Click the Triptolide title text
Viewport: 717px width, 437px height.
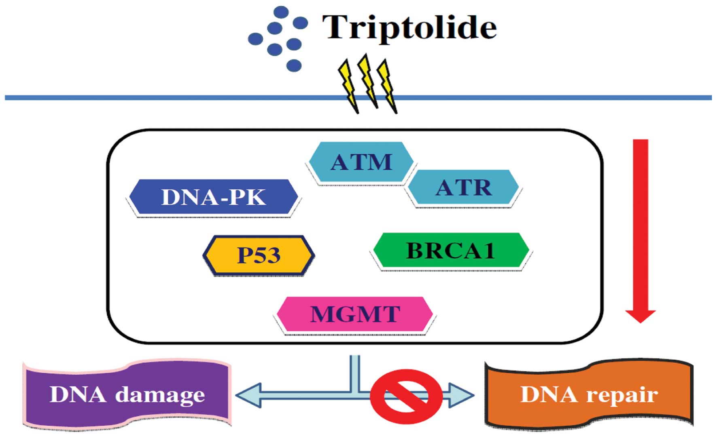click(x=409, y=28)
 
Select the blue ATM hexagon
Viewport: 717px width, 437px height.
click(x=361, y=162)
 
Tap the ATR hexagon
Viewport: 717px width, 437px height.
click(x=464, y=187)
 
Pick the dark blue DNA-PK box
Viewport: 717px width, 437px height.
click(x=213, y=197)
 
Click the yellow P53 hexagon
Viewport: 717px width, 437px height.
click(x=259, y=255)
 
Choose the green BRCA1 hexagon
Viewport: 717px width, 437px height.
click(x=451, y=250)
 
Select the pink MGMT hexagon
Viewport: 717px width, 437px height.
click(x=355, y=314)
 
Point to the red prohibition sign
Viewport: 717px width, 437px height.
click(x=406, y=396)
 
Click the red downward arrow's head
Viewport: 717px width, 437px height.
click(x=641, y=315)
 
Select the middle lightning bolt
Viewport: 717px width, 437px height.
click(x=368, y=81)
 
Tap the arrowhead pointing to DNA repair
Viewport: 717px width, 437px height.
click(x=462, y=395)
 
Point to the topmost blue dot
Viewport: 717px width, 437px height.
click(x=281, y=12)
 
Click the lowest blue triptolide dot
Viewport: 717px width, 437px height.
click(x=294, y=65)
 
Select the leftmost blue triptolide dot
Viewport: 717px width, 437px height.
click(x=255, y=39)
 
